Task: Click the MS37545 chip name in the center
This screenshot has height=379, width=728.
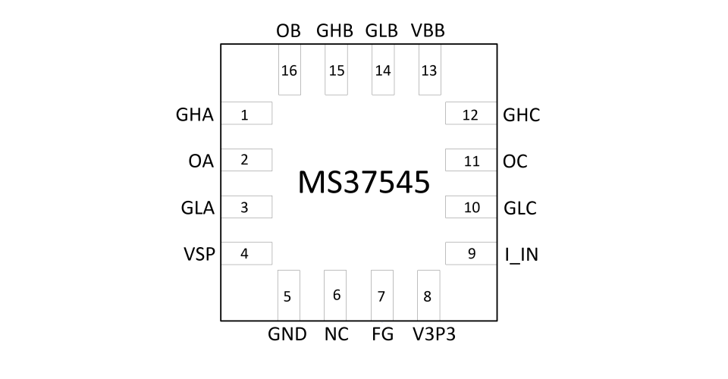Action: pyautogui.click(x=363, y=183)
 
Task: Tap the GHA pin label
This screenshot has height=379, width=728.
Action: pyautogui.click(x=195, y=114)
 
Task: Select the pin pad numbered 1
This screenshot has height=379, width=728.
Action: pyautogui.click(x=246, y=113)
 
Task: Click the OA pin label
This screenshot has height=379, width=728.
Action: pyautogui.click(x=201, y=161)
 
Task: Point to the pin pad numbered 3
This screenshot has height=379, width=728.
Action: pyautogui.click(x=246, y=207)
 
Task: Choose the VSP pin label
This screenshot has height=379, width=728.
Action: pyautogui.click(x=199, y=254)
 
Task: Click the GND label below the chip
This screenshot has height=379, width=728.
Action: pyautogui.click(x=287, y=334)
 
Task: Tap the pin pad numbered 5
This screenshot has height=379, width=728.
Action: pyautogui.click(x=289, y=295)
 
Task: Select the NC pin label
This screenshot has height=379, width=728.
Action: pyautogui.click(x=337, y=334)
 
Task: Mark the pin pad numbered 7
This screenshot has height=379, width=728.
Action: pyautogui.click(x=382, y=295)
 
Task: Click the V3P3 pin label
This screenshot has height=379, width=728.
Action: pyautogui.click(x=434, y=334)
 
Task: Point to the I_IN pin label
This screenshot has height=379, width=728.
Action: pyautogui.click(x=522, y=255)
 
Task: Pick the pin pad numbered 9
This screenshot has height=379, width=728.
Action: pyautogui.click(x=471, y=253)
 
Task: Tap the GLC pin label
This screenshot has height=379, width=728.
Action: pyautogui.click(x=520, y=208)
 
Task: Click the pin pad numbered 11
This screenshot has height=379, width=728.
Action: pyautogui.click(x=471, y=160)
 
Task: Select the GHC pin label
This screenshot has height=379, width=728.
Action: pyautogui.click(x=522, y=115)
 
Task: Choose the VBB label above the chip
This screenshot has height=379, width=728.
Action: pyautogui.click(x=428, y=30)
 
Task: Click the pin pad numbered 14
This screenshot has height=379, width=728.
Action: pyautogui.click(x=383, y=70)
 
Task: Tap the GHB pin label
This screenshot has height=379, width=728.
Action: pyautogui.click(x=334, y=30)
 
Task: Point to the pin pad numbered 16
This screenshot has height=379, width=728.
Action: pyautogui.click(x=290, y=70)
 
